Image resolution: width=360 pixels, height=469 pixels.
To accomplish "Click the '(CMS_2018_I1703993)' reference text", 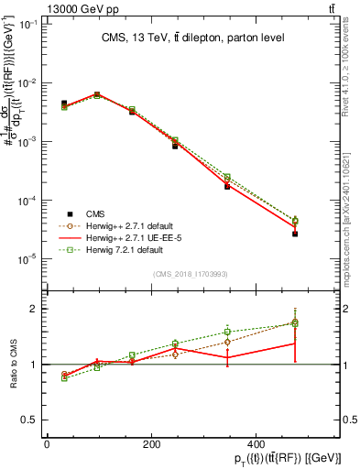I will coord(191,274).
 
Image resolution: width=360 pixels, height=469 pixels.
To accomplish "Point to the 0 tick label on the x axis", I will coord(47,444).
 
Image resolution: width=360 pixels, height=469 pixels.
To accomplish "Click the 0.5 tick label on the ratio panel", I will coord(29,420).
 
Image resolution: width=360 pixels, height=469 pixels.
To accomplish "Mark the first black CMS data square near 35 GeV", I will coord(64,104).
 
